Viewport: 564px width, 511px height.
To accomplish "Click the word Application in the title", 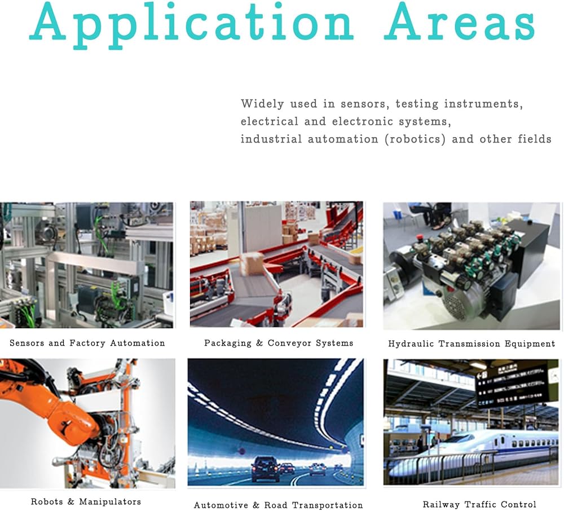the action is point(191,23).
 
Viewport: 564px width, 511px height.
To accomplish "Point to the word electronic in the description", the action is point(362,122).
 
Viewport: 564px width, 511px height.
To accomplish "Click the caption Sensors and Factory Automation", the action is point(87,343).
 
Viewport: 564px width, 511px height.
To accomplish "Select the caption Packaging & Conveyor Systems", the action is point(279,343).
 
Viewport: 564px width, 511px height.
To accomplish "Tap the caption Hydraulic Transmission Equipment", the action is point(472,344).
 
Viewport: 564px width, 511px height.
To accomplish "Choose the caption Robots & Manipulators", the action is point(86,501).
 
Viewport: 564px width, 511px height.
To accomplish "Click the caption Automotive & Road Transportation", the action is point(279,505).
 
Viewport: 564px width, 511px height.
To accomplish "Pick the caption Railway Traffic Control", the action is point(479,505).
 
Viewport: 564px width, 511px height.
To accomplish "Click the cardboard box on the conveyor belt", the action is point(252,263).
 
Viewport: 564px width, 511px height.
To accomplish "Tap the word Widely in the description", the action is point(262,104).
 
